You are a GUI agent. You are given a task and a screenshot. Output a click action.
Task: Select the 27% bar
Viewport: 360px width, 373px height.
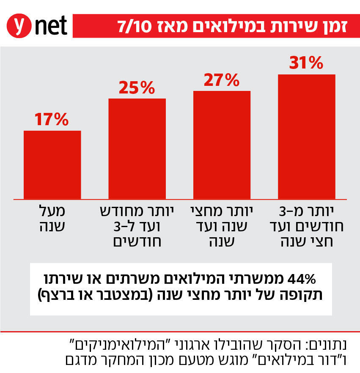(222, 144)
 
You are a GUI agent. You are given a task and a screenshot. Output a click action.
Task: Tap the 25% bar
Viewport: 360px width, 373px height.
(137, 148)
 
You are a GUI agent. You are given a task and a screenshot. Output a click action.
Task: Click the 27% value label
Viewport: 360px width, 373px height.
(222, 80)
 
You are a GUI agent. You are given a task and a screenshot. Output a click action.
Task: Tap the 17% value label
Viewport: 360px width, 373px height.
(52, 120)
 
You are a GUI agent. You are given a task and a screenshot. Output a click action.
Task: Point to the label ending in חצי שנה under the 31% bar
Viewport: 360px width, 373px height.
(307, 226)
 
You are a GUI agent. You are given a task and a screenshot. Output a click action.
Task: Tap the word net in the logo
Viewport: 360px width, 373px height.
(50, 26)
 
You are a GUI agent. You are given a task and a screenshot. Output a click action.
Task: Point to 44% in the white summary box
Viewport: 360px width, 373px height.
(302, 280)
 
